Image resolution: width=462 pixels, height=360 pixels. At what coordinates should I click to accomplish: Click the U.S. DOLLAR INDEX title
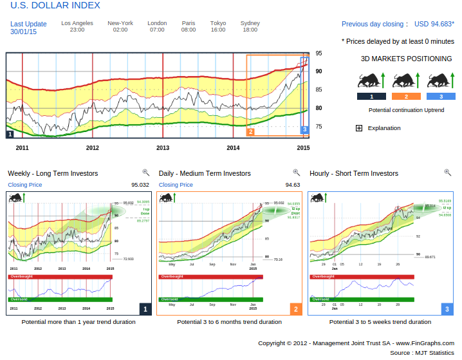pyautogui.click(x=55, y=6)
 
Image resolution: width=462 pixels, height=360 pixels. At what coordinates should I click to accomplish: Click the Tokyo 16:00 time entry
pyautogui.click(x=218, y=26)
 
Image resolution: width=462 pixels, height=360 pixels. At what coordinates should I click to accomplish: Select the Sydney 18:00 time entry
pyautogui.click(x=250, y=26)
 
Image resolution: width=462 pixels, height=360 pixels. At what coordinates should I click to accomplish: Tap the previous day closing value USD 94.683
pyautogui.click(x=434, y=24)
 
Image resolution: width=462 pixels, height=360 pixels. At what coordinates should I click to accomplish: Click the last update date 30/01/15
pyautogui.click(x=23, y=32)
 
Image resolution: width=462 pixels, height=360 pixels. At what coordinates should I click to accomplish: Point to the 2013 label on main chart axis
pyautogui.click(x=163, y=147)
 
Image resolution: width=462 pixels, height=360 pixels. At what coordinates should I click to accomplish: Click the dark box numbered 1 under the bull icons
pyautogui.click(x=371, y=97)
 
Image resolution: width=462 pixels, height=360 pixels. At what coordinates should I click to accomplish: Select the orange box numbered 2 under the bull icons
pyautogui.click(x=407, y=97)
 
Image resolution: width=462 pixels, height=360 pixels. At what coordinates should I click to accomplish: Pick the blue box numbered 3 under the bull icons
pyautogui.click(x=441, y=97)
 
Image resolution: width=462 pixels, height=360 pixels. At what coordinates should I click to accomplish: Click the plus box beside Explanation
pyautogui.click(x=359, y=128)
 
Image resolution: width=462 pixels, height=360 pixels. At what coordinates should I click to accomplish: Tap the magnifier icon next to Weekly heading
pyautogui.click(x=146, y=173)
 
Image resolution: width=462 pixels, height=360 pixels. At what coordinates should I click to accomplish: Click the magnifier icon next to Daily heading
pyautogui.click(x=297, y=173)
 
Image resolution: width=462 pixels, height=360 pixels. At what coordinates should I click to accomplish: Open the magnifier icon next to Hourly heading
pyautogui.click(x=448, y=173)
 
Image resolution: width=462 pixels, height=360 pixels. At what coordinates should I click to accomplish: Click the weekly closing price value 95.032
pyautogui.click(x=140, y=185)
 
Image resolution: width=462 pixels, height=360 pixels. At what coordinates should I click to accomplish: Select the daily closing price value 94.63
pyautogui.click(x=293, y=185)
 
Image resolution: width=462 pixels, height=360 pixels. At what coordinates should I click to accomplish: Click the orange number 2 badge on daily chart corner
pyautogui.click(x=296, y=309)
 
